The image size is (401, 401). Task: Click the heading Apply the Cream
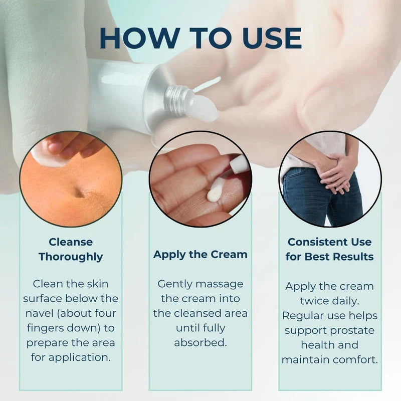click(x=200, y=255)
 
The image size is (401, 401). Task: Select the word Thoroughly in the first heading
click(x=71, y=257)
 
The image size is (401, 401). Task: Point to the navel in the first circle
click(x=80, y=192)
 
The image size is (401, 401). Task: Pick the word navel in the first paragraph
click(x=40, y=313)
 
